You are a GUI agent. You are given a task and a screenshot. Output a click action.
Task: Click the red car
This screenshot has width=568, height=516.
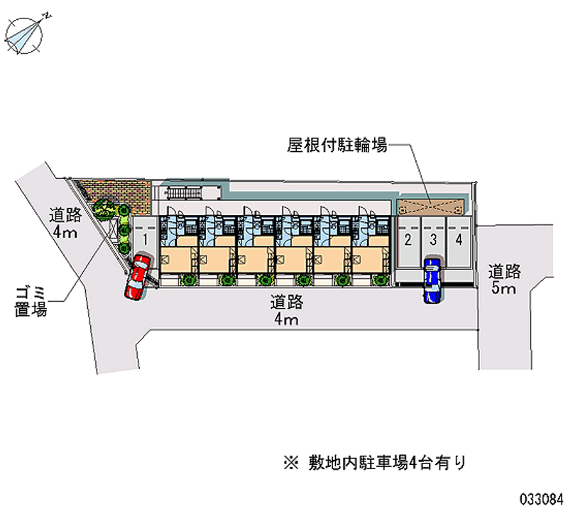click(x=136, y=278)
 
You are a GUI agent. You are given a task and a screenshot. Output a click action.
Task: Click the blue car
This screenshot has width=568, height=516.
click(x=432, y=281)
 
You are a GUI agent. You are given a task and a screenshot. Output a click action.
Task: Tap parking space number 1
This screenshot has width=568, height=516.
click(x=143, y=239)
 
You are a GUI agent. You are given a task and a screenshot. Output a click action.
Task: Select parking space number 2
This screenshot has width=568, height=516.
click(x=408, y=239)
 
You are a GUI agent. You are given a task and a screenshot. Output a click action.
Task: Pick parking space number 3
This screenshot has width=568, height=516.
click(x=433, y=239)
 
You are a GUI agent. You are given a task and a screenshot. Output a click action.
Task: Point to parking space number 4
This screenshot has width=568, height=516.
click(x=459, y=239)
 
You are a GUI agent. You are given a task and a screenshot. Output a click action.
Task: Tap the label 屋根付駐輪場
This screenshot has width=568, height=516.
click(x=337, y=146)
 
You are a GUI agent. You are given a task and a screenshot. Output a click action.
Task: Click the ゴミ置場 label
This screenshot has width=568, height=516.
click(x=31, y=302)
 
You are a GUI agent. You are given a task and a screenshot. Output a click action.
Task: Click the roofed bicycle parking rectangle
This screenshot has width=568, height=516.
click(x=432, y=207)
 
